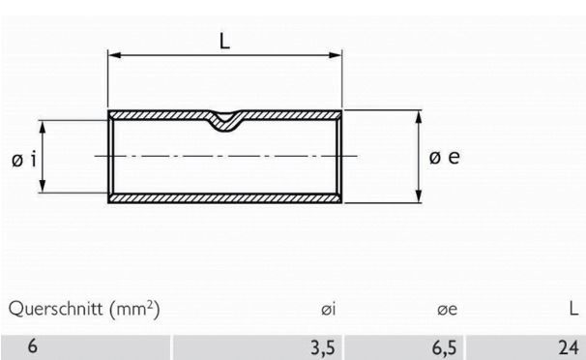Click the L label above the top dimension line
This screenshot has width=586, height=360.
pyautogui.click(x=224, y=44)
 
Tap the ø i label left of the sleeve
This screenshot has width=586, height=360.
pyautogui.click(x=25, y=159)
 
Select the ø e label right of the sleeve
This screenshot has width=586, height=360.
pyautogui.click(x=444, y=157)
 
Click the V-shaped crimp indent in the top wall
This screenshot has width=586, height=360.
pyautogui.click(x=225, y=121)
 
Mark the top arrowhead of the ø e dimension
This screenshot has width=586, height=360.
pyautogui.click(x=420, y=115)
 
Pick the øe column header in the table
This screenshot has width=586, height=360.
pyautogui.click(x=447, y=310)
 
